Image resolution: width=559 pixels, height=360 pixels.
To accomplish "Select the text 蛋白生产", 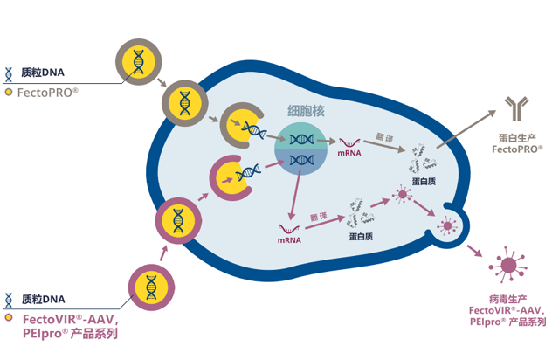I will (x=517, y=137).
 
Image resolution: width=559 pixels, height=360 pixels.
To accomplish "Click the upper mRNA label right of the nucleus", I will (x=350, y=154).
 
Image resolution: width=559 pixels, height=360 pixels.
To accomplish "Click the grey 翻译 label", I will (x=384, y=138).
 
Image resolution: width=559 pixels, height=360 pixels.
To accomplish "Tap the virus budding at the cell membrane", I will (x=449, y=226).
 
